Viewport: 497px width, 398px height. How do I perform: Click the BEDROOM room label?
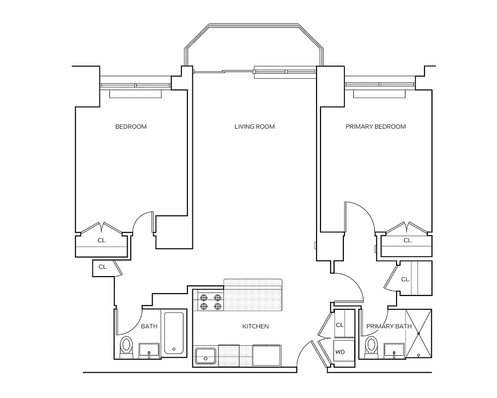coord(131,126)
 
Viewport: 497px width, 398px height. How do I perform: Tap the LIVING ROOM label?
coord(254,126)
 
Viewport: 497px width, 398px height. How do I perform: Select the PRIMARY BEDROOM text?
coord(376,126)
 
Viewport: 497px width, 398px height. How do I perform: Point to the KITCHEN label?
coord(255,326)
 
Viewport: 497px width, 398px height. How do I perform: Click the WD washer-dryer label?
coord(340,352)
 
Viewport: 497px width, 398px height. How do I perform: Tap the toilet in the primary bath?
coord(371,346)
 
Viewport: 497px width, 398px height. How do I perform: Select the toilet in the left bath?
coord(127,346)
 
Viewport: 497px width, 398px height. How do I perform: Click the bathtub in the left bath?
coord(174,334)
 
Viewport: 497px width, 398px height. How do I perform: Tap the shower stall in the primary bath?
coord(418,334)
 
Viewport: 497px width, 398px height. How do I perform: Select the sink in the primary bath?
coord(394,350)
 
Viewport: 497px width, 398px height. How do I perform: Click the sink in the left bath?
coord(149,350)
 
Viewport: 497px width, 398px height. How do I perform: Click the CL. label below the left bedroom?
coord(102,240)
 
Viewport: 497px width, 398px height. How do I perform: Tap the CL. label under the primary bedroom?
coord(408,240)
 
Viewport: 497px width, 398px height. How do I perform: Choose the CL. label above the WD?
coord(340,324)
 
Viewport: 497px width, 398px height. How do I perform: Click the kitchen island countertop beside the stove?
coord(253,294)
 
